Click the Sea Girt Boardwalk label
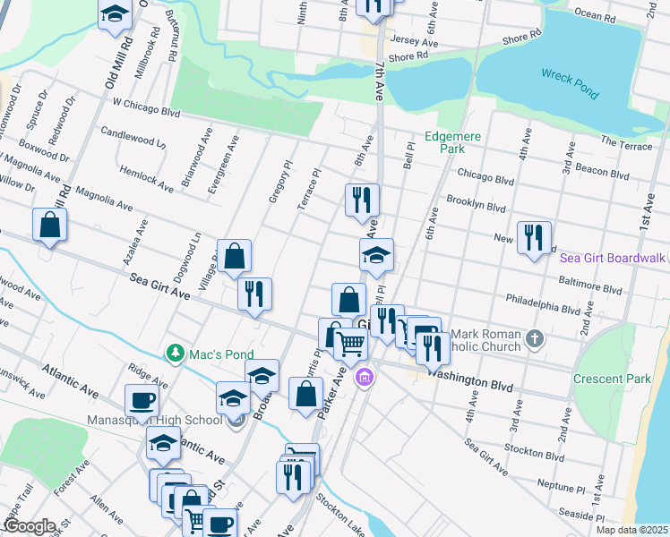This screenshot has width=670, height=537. click(x=613, y=258)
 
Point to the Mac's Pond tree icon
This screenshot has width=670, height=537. click(x=176, y=354)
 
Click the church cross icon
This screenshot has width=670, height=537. click(x=535, y=339)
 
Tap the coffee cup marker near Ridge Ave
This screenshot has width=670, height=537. click(x=142, y=399)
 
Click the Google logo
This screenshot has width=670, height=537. click(x=29, y=526)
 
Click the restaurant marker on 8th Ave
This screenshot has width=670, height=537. click(x=362, y=200)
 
